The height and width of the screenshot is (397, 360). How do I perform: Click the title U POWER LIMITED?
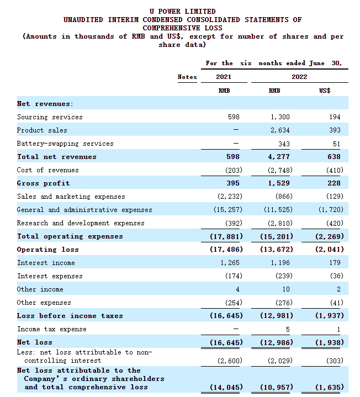click(x=183, y=11)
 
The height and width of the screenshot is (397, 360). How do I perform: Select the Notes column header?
click(x=187, y=77)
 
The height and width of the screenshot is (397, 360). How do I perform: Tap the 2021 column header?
click(x=223, y=77)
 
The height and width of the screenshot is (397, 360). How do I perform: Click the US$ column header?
click(x=325, y=90)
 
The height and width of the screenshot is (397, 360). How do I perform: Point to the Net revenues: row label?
click(x=45, y=104)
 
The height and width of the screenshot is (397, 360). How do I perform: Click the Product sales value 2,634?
click(x=280, y=130)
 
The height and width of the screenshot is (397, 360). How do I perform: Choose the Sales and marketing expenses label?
click(x=71, y=197)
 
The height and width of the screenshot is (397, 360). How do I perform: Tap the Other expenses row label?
click(x=44, y=303)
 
